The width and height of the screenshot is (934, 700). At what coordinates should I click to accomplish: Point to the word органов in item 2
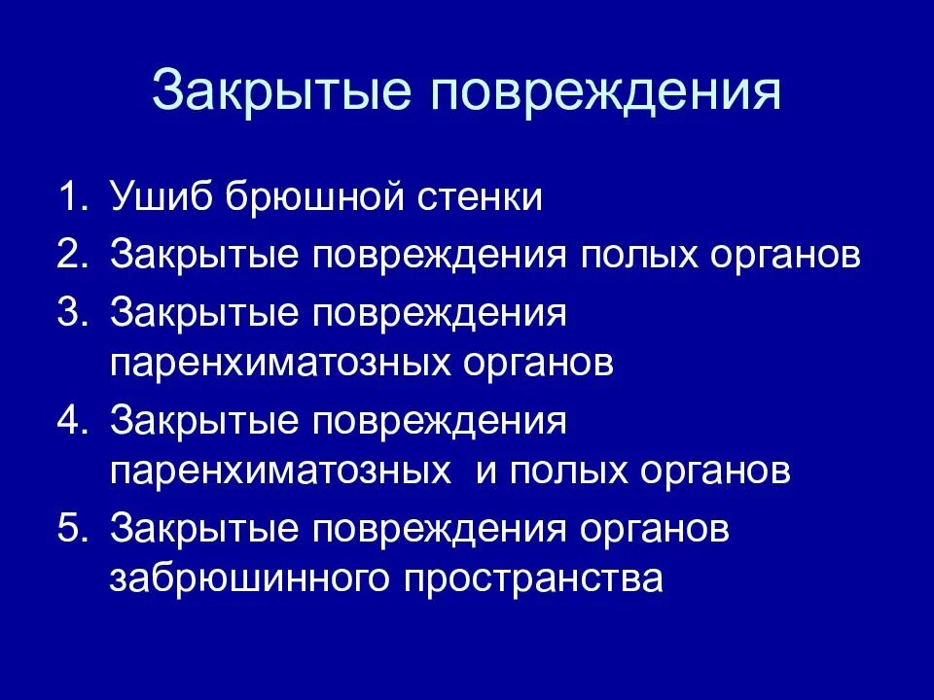(782, 258)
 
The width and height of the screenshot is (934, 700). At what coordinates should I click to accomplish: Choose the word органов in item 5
(650, 532)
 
